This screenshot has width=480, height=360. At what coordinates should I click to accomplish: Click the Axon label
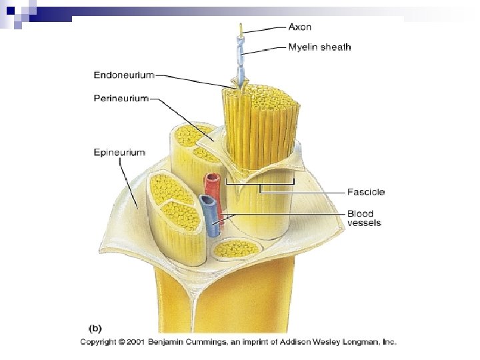coord(299,27)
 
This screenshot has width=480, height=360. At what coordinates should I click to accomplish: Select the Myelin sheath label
coord(319,47)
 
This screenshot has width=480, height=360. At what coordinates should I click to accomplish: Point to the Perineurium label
coord(121,99)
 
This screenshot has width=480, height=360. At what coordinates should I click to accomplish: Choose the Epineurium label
coord(119,153)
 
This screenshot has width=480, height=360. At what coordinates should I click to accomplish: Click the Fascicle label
coord(366,192)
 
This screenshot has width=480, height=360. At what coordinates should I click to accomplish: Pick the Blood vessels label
coord(364,218)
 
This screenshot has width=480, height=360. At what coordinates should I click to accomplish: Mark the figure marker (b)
coord(97,327)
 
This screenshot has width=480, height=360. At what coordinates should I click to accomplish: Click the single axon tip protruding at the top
coord(241,27)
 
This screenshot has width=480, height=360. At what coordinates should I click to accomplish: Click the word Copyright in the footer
coord(103,342)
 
